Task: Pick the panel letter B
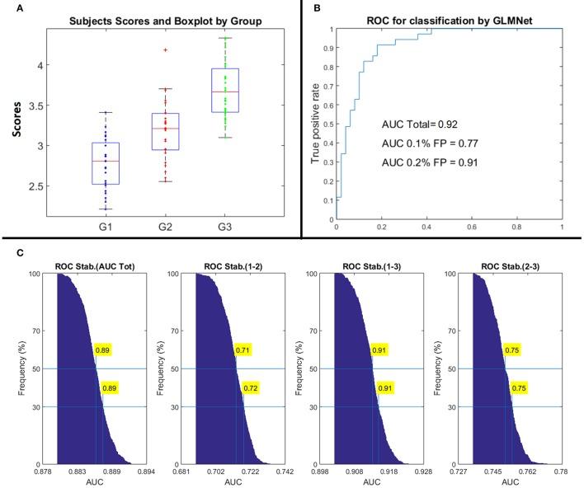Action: [318, 7]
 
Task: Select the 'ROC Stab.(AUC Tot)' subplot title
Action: [89, 265]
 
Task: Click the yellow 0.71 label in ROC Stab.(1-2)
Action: [242, 350]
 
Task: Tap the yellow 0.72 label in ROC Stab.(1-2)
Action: [249, 387]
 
